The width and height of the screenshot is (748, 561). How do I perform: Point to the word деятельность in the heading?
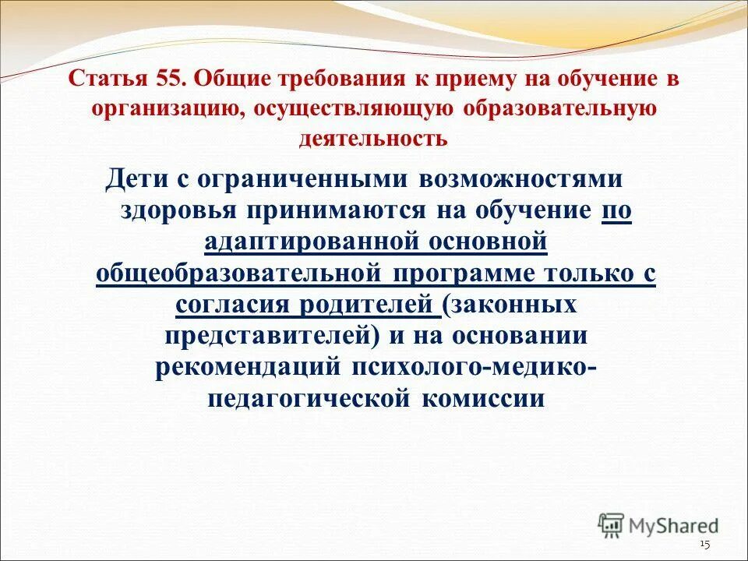[373, 139]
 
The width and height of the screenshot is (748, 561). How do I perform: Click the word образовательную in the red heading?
[560, 109]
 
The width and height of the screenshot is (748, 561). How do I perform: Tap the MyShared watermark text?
[675, 526]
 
